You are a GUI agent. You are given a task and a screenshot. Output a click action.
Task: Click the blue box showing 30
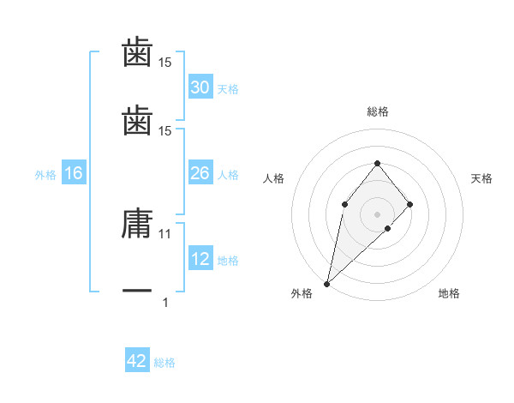(x=200, y=87)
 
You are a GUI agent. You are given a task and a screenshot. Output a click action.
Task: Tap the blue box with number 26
(x=200, y=173)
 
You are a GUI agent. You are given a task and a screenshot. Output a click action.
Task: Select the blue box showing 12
(x=200, y=259)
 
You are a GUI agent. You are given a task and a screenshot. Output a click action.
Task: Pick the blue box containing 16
(x=74, y=173)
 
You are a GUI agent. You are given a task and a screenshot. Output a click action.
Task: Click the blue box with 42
(x=137, y=361)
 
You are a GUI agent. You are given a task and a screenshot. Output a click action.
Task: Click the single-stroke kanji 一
(x=137, y=292)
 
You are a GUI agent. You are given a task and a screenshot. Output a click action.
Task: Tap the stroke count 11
(x=165, y=233)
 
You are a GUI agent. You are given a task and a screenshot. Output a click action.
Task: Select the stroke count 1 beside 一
(x=165, y=302)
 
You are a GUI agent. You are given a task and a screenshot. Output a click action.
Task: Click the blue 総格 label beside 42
(x=164, y=363)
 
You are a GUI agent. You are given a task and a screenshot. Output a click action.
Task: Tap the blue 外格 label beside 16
(x=45, y=175)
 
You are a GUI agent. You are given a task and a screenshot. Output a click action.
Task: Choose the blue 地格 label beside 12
(x=228, y=261)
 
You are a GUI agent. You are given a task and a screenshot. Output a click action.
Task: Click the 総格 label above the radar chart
(x=377, y=111)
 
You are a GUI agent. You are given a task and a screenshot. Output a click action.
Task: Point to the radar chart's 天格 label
(x=481, y=178)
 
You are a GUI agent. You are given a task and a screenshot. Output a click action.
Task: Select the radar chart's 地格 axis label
(x=449, y=293)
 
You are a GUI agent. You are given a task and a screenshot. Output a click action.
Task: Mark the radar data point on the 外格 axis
(x=326, y=283)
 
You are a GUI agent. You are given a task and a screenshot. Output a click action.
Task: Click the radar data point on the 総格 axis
(x=377, y=163)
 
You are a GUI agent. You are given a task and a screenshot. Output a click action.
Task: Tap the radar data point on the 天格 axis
(x=410, y=203)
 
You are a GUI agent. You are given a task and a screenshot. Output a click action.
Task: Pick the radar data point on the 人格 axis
(x=344, y=203)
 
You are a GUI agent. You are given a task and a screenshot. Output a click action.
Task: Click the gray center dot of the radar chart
(x=377, y=214)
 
